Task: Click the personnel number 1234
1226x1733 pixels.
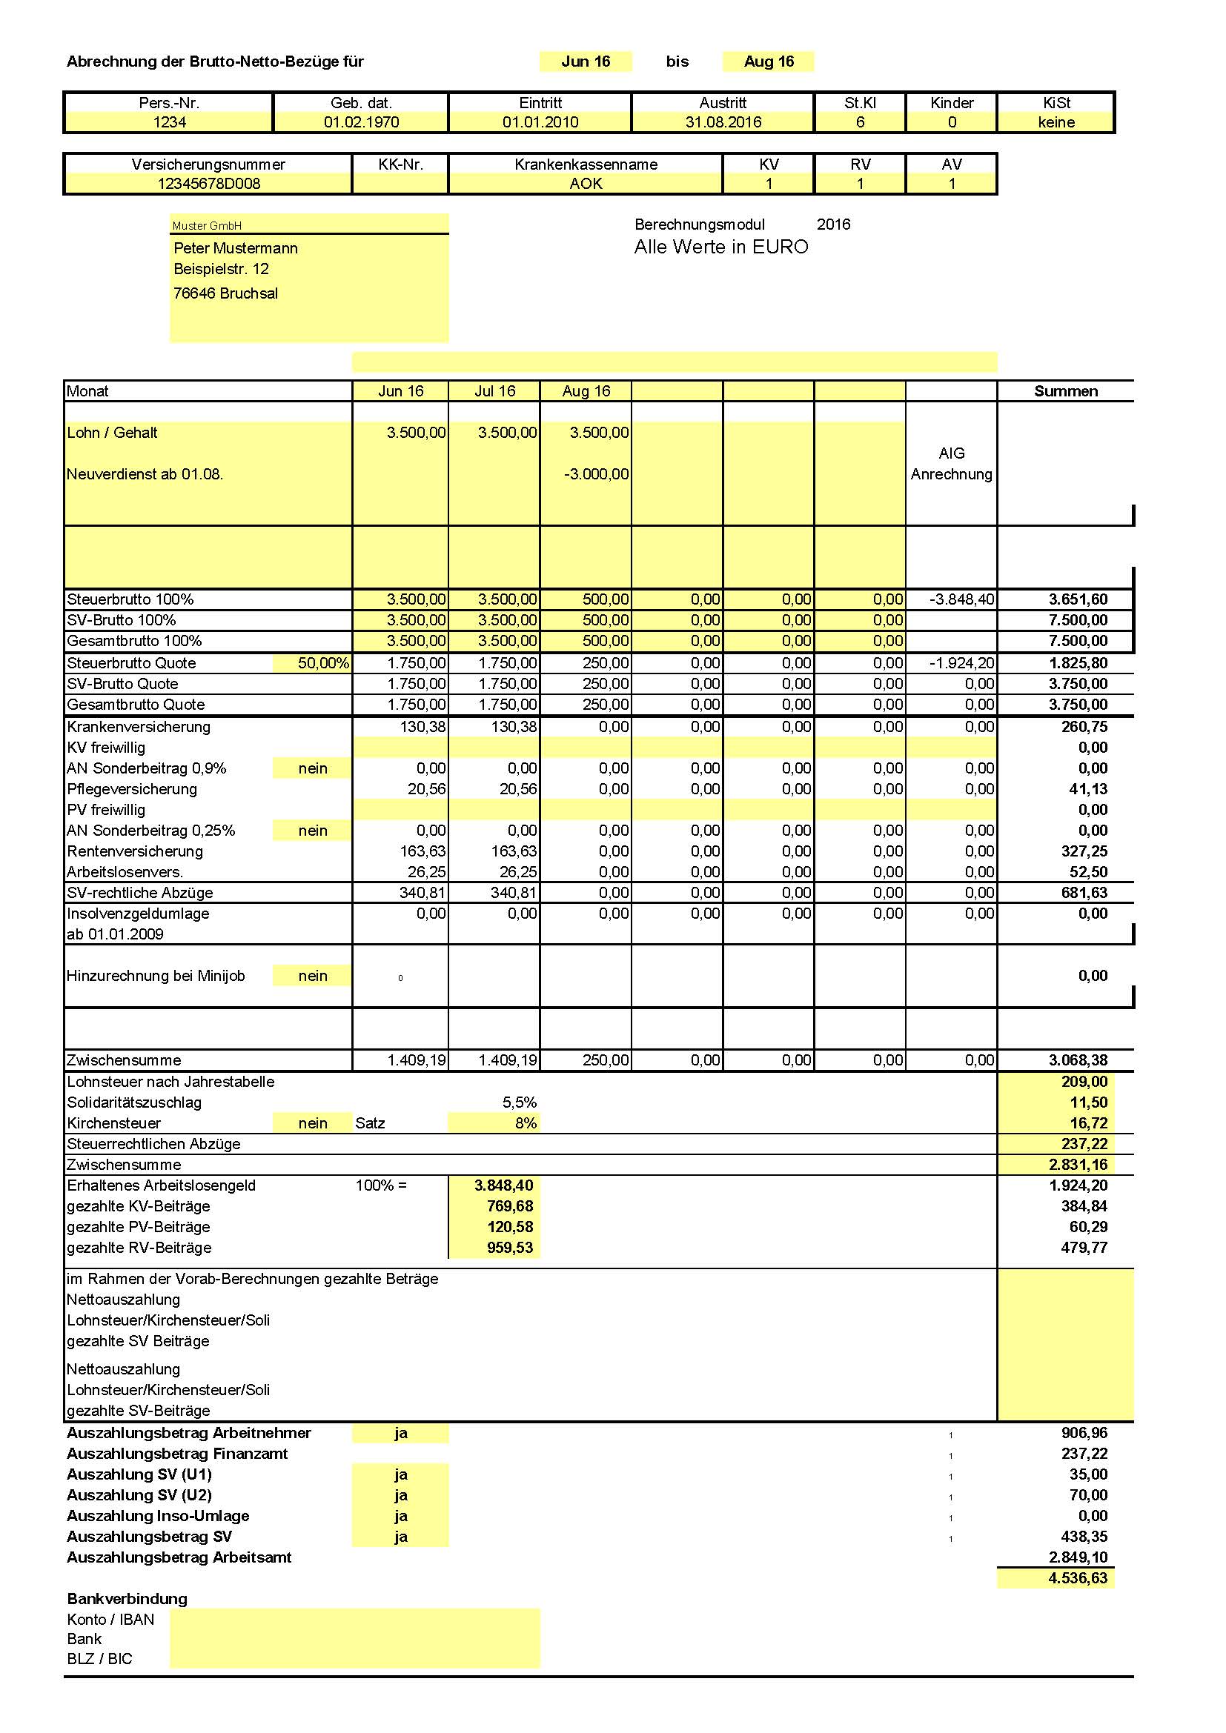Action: [x=169, y=122]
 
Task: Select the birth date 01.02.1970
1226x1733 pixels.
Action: [x=361, y=122]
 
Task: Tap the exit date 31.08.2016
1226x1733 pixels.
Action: [x=723, y=122]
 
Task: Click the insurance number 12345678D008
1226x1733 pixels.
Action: [x=208, y=184]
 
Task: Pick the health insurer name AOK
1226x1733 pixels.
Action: [x=585, y=184]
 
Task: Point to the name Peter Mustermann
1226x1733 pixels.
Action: [x=236, y=248]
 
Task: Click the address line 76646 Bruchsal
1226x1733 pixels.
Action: [x=226, y=293]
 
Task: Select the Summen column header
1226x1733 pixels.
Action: [x=1065, y=391]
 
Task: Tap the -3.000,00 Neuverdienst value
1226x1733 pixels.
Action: [x=596, y=474]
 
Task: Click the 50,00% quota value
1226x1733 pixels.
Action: [x=323, y=663]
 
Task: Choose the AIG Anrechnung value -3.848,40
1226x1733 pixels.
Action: [x=961, y=599]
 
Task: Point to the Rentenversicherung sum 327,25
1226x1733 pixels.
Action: [x=1084, y=851]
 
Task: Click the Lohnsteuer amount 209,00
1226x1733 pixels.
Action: [x=1084, y=1082]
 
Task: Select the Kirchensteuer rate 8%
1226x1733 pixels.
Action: [x=526, y=1123]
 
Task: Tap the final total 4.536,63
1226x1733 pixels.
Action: [x=1077, y=1578]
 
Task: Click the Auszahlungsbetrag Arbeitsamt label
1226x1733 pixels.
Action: [x=179, y=1557]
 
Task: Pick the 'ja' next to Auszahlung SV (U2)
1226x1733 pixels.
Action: [x=400, y=1495]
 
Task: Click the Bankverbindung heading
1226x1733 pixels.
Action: [x=127, y=1599]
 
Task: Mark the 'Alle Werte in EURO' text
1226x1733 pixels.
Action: [x=721, y=247]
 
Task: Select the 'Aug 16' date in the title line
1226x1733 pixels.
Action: [x=769, y=62]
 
